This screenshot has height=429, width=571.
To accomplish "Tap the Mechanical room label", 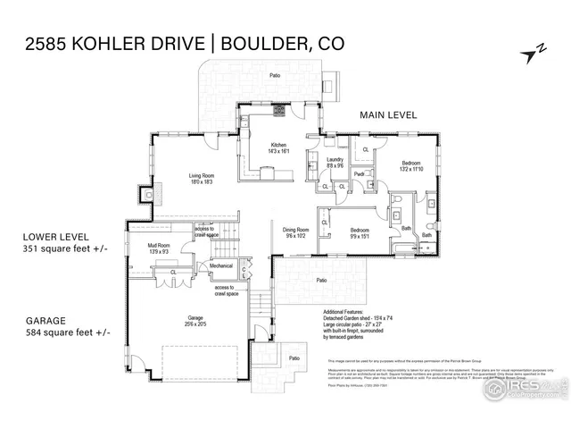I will point(221,266).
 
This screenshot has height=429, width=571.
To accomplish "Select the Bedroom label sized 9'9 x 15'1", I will point(361,231).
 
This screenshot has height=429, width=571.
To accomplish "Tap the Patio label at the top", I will point(277,76).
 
